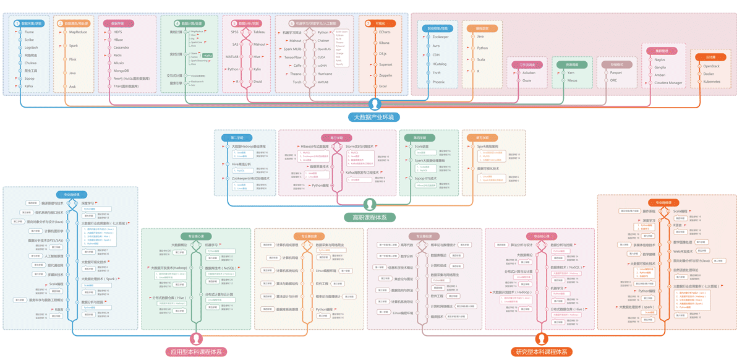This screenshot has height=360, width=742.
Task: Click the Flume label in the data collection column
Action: tap(29, 32)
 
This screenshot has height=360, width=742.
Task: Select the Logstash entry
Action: tap(31, 47)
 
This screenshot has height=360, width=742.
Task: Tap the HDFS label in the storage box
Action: tap(117, 32)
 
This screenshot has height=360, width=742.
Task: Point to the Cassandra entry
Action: tap(121, 47)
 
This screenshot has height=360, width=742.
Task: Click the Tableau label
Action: tap(259, 32)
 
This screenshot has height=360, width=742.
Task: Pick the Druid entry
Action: tap(258, 81)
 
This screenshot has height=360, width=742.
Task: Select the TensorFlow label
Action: tap(292, 57)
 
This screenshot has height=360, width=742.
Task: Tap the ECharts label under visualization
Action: tap(385, 32)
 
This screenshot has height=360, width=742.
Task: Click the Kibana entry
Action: tap(384, 43)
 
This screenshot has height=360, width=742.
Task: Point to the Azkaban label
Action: tap(529, 72)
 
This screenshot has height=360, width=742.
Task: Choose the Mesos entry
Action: tap(573, 80)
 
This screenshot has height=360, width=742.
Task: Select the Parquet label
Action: tap(616, 72)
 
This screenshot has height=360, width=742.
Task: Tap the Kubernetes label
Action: tap(712, 81)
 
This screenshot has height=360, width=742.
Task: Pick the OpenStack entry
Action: tap(711, 65)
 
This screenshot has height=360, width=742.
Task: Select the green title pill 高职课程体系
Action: tap(370, 217)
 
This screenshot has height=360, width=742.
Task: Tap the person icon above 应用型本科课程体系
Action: tap(197, 339)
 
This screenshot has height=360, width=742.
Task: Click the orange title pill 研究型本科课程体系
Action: tap(542, 351)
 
